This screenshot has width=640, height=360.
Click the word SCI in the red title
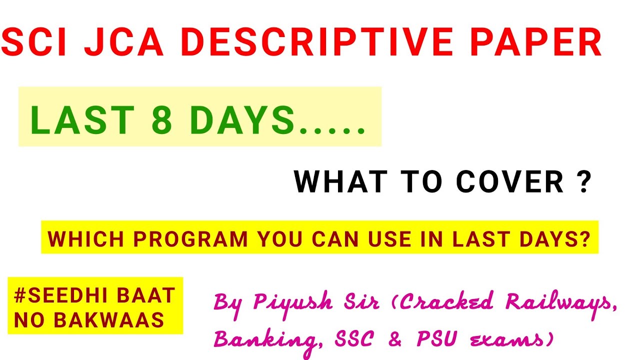35,42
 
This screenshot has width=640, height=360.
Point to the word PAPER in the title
535,42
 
